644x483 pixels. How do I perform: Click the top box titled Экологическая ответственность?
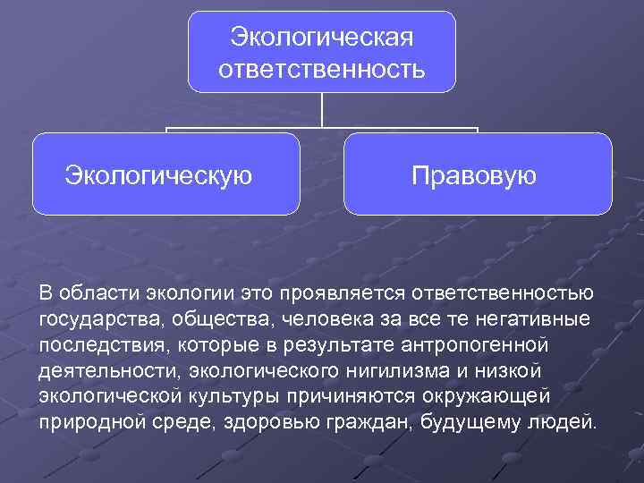(322, 51)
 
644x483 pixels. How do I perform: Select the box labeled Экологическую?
(166, 174)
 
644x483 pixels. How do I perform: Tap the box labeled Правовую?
(477, 174)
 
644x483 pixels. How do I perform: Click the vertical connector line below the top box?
(322, 110)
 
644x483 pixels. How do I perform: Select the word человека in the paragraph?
(324, 319)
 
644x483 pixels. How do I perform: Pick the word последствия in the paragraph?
(96, 345)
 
